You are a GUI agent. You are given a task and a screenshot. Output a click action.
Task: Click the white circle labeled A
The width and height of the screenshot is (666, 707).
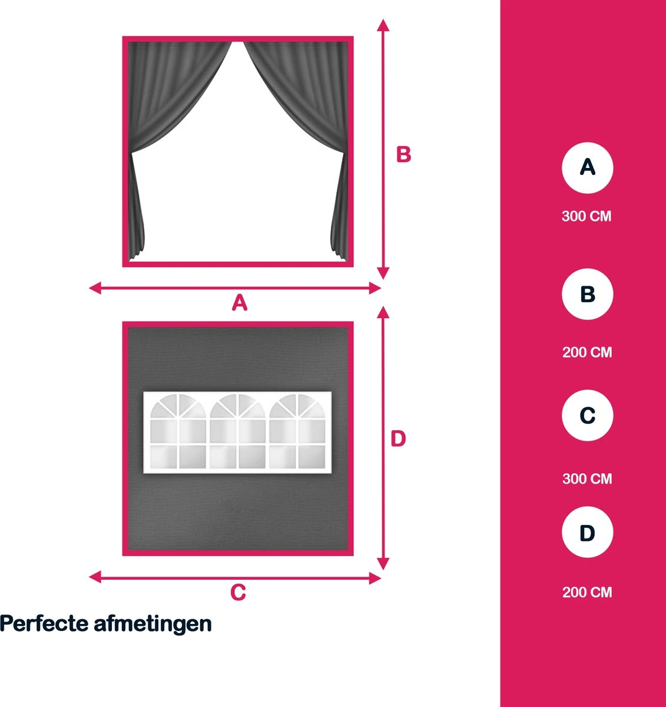click(587, 168)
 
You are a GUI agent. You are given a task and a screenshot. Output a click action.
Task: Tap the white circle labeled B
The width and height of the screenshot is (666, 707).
click(587, 294)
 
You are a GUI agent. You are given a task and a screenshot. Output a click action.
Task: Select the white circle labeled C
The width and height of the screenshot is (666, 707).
click(587, 415)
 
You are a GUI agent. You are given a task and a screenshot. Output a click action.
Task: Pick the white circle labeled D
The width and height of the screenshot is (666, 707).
click(587, 532)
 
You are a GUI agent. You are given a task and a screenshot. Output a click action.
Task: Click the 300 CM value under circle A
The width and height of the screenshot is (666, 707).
click(587, 216)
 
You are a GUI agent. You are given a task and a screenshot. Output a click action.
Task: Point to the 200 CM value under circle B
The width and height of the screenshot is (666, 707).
click(587, 352)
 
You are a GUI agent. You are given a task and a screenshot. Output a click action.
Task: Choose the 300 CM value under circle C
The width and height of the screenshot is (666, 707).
click(587, 479)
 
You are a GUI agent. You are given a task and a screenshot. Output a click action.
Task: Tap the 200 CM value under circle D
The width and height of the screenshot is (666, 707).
click(587, 592)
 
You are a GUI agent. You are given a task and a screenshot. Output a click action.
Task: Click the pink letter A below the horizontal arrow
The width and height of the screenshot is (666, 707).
click(239, 303)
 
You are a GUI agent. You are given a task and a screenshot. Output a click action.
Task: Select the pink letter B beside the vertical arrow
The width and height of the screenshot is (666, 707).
click(403, 154)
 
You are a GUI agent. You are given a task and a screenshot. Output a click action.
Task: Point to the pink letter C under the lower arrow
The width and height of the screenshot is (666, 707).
click(238, 592)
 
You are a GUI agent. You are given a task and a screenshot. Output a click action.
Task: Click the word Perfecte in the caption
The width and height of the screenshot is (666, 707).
click(44, 624)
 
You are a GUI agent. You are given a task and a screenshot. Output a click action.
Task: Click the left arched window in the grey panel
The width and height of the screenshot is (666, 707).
click(178, 431)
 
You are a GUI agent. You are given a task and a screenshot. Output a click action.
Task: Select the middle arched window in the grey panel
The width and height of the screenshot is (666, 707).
click(238, 431)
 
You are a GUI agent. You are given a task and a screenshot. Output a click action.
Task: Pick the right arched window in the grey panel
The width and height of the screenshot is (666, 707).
click(297, 431)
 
